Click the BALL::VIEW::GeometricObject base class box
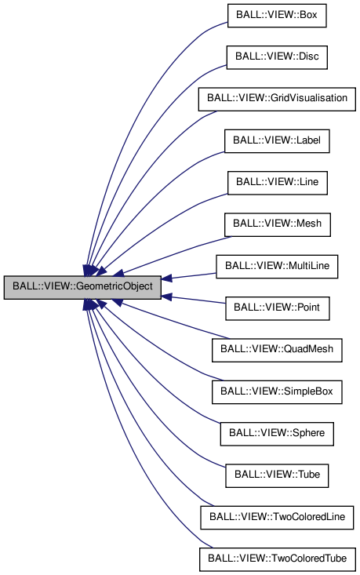tap(83, 288)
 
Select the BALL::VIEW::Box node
tap(277, 15)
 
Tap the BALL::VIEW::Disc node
tap(277, 57)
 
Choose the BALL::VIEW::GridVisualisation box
tap(278, 100)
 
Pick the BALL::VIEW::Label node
tap(277, 141)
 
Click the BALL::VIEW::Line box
tap(277, 184)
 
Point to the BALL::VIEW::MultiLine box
tap(277, 267)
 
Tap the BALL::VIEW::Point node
tap(277, 309)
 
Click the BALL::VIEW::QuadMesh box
tap(277, 351)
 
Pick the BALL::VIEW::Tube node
tap(277, 475)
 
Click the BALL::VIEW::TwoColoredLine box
tap(277, 518)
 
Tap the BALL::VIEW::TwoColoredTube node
tap(277, 559)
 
